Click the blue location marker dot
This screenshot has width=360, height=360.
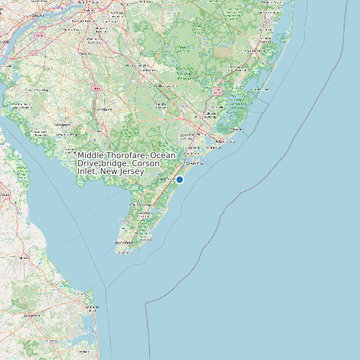pyautogui.click(x=179, y=179)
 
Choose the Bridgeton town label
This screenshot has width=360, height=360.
pyautogui.click(x=64, y=124)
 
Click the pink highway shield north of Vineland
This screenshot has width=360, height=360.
pyautogui.click(x=97, y=88)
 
